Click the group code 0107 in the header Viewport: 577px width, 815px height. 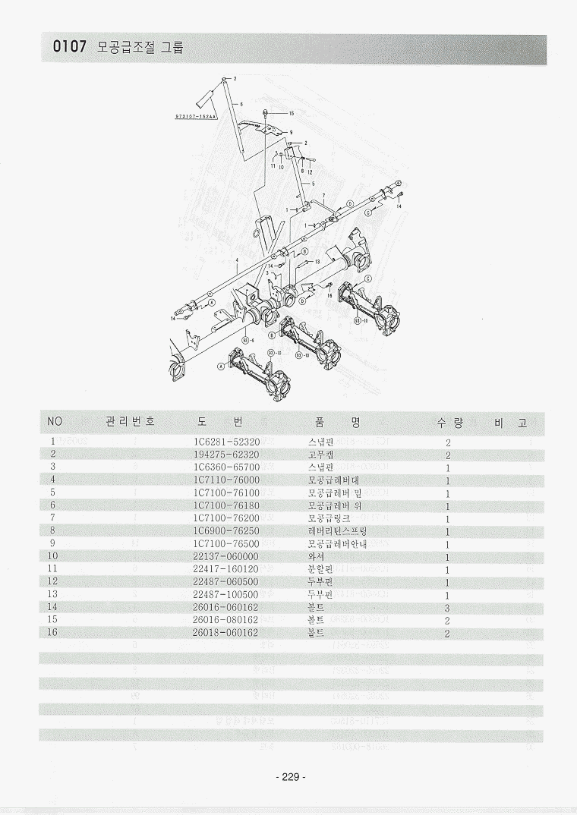coord(71,48)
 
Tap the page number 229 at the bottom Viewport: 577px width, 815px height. coord(289,776)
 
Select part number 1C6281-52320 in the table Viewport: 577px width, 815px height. coord(227,441)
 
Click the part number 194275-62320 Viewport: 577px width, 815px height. coord(227,454)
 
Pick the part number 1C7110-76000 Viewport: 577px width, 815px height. coord(227,480)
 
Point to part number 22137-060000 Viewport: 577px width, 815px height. coord(225,556)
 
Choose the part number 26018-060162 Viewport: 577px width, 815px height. coord(225,633)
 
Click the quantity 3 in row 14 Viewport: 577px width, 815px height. coord(448,608)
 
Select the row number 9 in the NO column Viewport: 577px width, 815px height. coord(52,543)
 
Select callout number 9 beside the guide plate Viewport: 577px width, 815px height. coord(292,132)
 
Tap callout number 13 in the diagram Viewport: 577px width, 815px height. coord(317,261)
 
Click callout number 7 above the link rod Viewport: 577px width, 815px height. coord(323,195)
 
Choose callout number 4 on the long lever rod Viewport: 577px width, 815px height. coord(237,260)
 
